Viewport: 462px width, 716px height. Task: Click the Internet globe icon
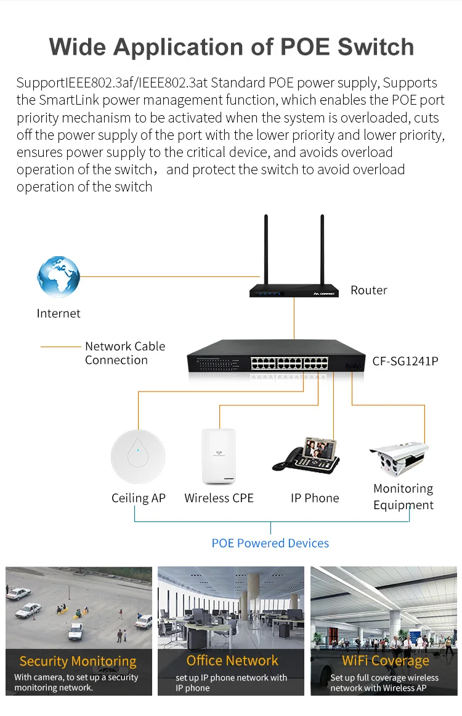pyautogui.click(x=59, y=277)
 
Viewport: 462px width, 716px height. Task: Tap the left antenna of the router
pyautogui.click(x=266, y=246)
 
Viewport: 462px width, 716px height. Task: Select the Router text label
pyautogui.click(x=368, y=290)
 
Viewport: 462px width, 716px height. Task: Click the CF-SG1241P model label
pyautogui.click(x=405, y=361)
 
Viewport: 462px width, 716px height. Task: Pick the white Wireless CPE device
pyautogui.click(x=219, y=456)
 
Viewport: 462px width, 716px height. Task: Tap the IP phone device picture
pyautogui.click(x=307, y=456)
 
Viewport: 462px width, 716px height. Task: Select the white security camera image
pyautogui.click(x=398, y=457)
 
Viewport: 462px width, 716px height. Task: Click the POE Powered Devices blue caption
pyautogui.click(x=270, y=543)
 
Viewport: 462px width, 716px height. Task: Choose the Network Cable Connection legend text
pyautogui.click(x=124, y=353)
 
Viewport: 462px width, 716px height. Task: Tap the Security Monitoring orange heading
pyautogui.click(x=78, y=661)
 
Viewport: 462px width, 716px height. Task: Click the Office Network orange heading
pyautogui.click(x=232, y=661)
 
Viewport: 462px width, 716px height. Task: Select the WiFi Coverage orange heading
pyautogui.click(x=386, y=661)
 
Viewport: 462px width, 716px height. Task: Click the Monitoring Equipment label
pyautogui.click(x=403, y=497)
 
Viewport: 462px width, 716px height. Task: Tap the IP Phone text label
pyautogui.click(x=315, y=498)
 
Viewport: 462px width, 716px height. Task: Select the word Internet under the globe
pyautogui.click(x=59, y=313)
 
